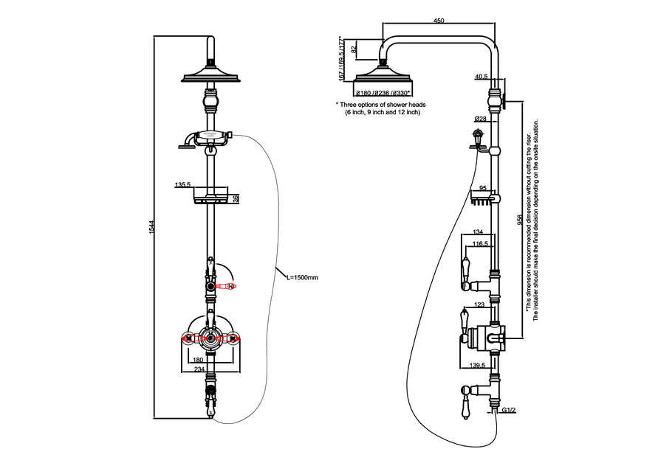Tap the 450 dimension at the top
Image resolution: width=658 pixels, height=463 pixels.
[x=439, y=21]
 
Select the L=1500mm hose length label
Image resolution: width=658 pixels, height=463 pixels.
[x=302, y=277]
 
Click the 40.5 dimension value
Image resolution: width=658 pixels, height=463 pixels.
[x=481, y=76]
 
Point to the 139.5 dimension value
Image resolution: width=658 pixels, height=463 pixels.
[x=478, y=365]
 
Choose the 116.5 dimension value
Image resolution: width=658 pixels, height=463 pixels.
[x=481, y=243]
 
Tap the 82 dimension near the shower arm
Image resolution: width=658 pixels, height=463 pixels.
[x=354, y=49]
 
